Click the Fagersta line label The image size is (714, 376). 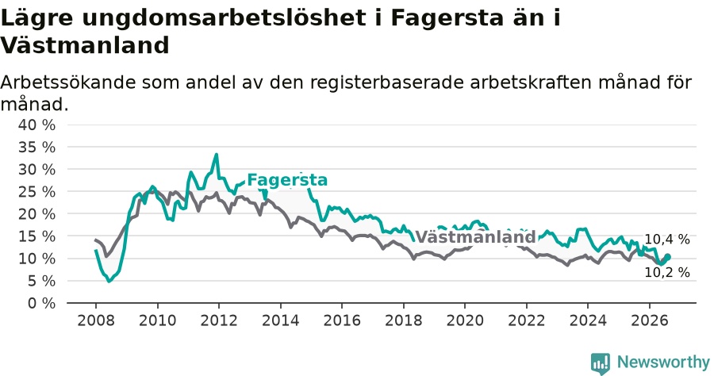tap(287, 180)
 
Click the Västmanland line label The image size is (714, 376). tap(475, 236)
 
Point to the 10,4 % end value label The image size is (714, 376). tap(667, 240)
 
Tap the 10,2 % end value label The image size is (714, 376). tap(667, 272)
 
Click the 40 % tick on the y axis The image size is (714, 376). tap(36, 125)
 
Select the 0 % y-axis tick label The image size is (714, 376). tap(41, 303)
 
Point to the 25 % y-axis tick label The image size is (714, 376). tap(36, 192)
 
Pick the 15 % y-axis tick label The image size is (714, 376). tap(36, 236)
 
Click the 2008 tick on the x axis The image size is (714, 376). tap(96, 320)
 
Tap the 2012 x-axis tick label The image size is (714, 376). tap(219, 320)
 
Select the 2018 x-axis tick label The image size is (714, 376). tap(404, 320)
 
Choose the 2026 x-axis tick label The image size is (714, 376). tap(649, 320)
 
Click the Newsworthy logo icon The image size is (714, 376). tap(601, 363)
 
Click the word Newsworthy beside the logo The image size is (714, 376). tap(663, 363)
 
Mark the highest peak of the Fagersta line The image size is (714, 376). tap(217, 155)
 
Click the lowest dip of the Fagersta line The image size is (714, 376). tap(109, 282)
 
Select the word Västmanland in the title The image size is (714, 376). tap(85, 45)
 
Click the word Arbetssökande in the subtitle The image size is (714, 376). tap(68, 82)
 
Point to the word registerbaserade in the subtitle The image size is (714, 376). tap(387, 83)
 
